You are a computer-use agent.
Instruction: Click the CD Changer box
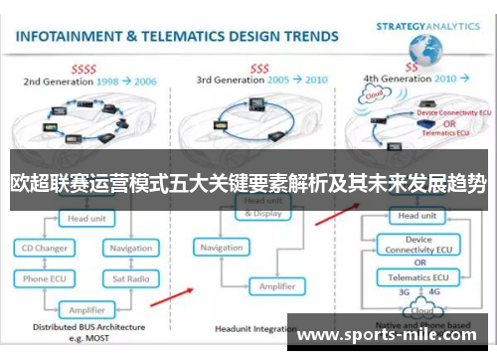47,248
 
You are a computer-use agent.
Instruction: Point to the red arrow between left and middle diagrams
178,294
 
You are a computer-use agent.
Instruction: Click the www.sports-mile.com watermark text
392,334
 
